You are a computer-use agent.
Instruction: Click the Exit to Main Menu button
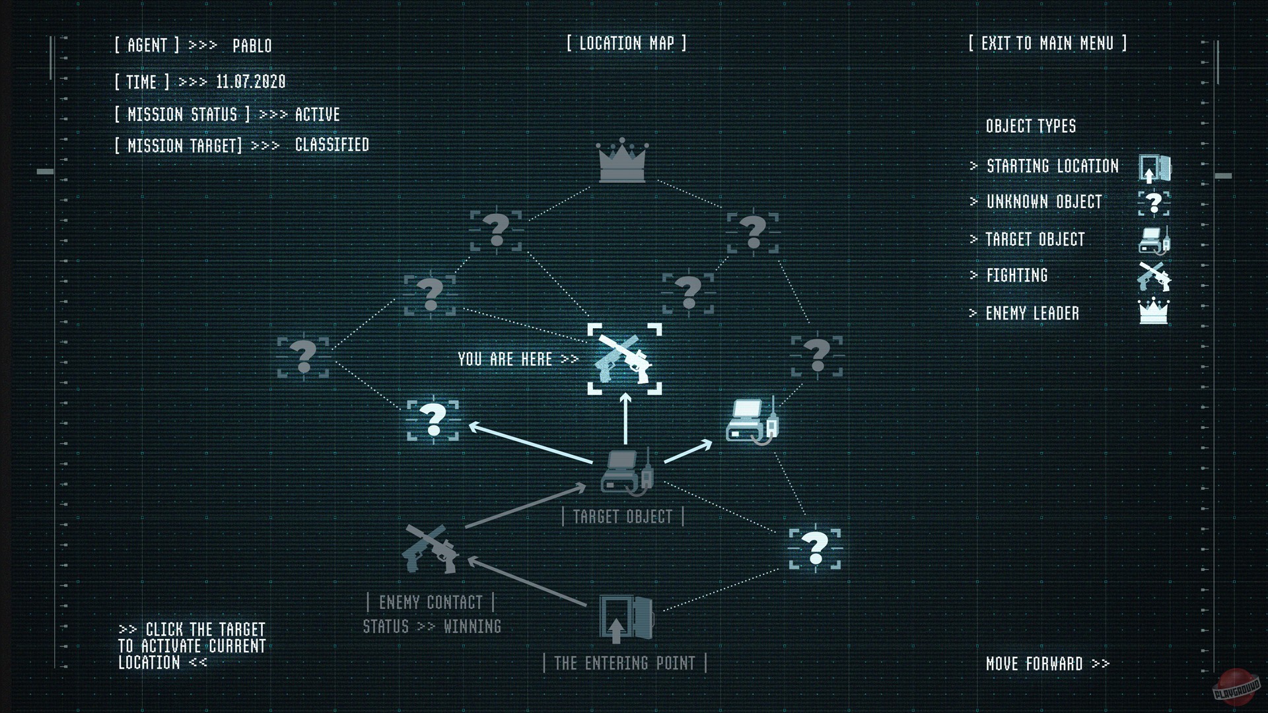tap(1047, 44)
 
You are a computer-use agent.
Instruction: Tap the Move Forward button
tap(1047, 663)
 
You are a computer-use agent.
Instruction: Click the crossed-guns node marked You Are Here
tap(624, 359)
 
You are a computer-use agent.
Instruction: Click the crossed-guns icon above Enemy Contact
tap(431, 549)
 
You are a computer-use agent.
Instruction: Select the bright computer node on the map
tap(752, 420)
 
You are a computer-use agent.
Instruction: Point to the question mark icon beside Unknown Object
tap(1154, 203)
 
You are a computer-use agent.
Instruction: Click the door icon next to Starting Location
tap(1154, 168)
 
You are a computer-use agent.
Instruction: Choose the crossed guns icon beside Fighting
tap(1154, 276)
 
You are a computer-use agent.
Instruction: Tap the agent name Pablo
tap(252, 46)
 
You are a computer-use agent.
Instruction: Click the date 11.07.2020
tap(251, 82)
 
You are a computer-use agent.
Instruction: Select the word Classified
tap(332, 145)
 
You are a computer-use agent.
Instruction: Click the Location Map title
tap(626, 44)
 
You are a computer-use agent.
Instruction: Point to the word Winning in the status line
tap(472, 626)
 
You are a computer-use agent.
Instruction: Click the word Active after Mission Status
tap(317, 114)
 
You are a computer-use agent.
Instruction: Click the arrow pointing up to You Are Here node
tap(625, 419)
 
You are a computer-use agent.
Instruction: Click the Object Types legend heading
tap(1030, 126)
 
